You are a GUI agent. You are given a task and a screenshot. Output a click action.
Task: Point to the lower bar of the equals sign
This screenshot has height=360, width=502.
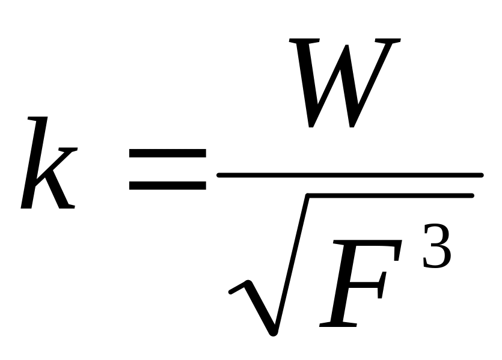[x=167, y=186]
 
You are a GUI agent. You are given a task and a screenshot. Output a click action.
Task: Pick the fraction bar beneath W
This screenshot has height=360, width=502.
[x=349, y=175]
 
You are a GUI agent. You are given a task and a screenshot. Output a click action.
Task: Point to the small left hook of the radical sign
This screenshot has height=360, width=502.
[x=236, y=293]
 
